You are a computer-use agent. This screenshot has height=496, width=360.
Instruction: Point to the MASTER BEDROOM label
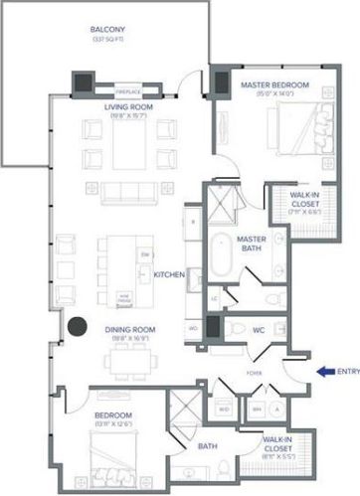coord(270,86)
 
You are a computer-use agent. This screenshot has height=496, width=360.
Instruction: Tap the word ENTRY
coord(348,372)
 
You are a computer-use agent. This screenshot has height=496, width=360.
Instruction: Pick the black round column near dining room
coord(75,325)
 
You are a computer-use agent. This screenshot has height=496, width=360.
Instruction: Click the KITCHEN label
coord(169,274)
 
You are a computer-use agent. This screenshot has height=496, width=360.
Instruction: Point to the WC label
coord(258,329)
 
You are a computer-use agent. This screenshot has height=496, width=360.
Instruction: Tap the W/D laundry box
coord(224,408)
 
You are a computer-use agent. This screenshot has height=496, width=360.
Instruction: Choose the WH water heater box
coord(255,408)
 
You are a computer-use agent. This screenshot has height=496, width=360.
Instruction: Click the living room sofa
coord(132,192)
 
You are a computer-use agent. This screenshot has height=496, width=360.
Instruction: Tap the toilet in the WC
coord(231,329)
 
